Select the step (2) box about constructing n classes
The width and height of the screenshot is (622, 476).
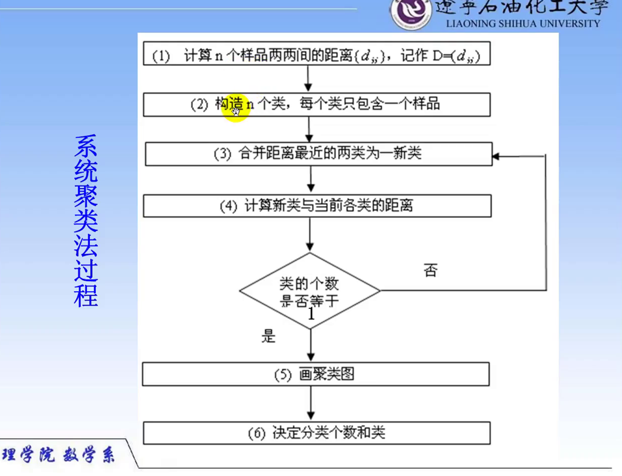[x=316, y=104]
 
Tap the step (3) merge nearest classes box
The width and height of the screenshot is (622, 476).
[x=318, y=154]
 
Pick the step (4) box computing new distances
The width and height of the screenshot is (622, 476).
[x=317, y=206]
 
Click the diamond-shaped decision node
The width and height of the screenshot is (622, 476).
[x=310, y=291]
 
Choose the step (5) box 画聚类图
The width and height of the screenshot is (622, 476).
[x=316, y=374]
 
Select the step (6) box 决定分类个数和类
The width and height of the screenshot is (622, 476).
[x=316, y=433]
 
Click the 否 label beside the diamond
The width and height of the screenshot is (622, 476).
[x=430, y=271]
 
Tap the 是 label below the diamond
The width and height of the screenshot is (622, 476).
[x=268, y=336]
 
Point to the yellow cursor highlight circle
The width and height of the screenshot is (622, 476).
[x=235, y=110]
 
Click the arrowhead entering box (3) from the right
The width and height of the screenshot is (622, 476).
[x=496, y=156]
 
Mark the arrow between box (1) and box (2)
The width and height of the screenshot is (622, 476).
[x=309, y=78]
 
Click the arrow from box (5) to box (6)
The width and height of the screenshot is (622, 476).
[x=311, y=403]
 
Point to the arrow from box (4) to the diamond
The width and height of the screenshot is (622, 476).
[x=310, y=235]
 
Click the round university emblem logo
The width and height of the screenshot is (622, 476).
[x=411, y=13]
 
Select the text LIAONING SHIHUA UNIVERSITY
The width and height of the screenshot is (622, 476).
[x=523, y=24]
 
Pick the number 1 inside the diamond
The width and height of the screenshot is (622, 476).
[x=311, y=314]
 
